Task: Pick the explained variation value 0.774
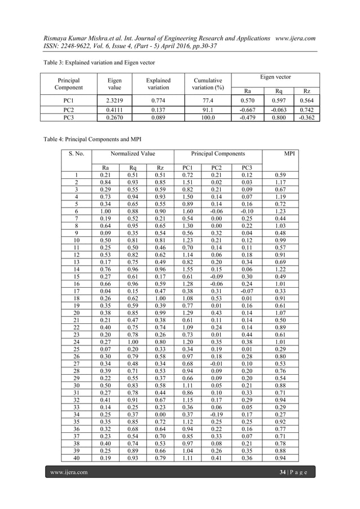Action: pyautogui.click(x=158, y=100)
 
